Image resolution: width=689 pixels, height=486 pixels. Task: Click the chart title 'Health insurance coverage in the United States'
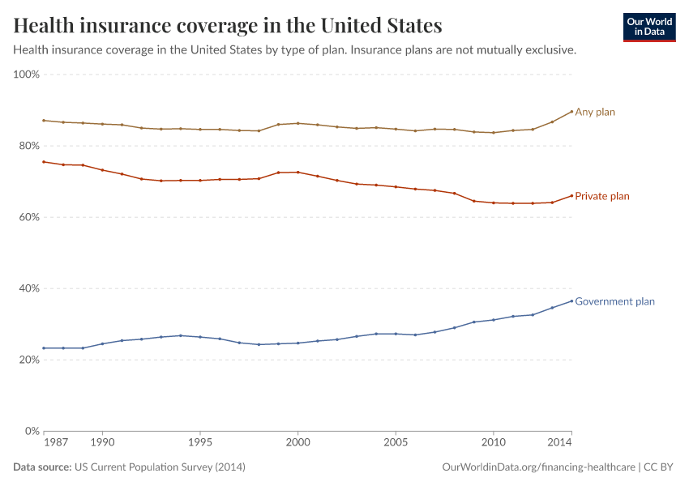[x=228, y=26]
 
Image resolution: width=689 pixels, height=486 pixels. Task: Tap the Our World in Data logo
[x=648, y=27]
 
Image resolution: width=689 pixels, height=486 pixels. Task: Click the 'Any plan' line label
[x=595, y=112]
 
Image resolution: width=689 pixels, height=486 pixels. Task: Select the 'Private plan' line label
[x=601, y=196]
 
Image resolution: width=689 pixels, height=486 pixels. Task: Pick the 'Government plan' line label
[x=614, y=301]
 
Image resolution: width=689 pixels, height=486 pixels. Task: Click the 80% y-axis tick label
[x=29, y=146]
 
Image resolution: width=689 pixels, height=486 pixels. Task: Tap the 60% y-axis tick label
[x=29, y=217]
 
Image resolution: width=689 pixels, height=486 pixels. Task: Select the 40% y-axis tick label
[x=29, y=288]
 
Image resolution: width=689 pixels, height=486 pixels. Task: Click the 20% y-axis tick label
[x=29, y=360]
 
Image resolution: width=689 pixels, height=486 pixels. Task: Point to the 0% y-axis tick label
[x=32, y=431]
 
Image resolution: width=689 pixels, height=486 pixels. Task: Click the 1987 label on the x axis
[x=55, y=444]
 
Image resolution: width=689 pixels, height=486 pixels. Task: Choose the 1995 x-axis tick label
[x=200, y=444]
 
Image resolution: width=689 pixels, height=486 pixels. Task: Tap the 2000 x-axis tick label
[x=297, y=444]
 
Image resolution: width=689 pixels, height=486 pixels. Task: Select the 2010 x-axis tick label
[x=493, y=444]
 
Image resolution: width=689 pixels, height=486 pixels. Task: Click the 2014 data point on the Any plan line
[x=571, y=112]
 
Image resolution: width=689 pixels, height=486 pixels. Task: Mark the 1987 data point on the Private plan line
[x=44, y=162]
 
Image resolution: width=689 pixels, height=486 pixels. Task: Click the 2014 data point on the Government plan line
[x=571, y=301]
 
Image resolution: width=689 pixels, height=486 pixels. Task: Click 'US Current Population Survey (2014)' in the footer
[x=160, y=467]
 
